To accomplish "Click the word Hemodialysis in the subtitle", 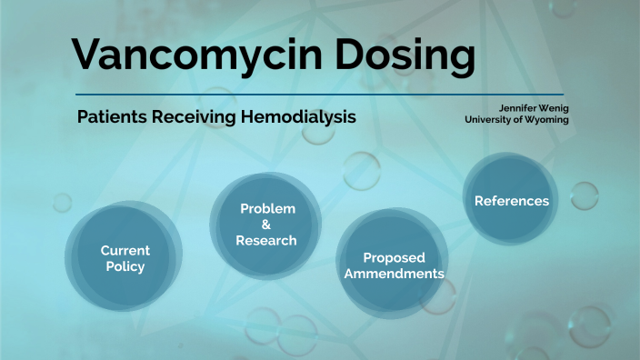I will (x=298, y=118).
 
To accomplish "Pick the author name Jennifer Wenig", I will (x=529, y=108).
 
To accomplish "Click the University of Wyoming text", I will (x=516, y=120).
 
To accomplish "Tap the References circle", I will (x=511, y=201).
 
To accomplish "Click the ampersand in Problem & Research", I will (x=266, y=225).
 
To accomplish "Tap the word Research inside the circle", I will (x=266, y=241).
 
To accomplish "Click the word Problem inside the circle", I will (x=267, y=209).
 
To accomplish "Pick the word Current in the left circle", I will (x=125, y=250).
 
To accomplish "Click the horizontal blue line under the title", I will (x=318, y=95).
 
